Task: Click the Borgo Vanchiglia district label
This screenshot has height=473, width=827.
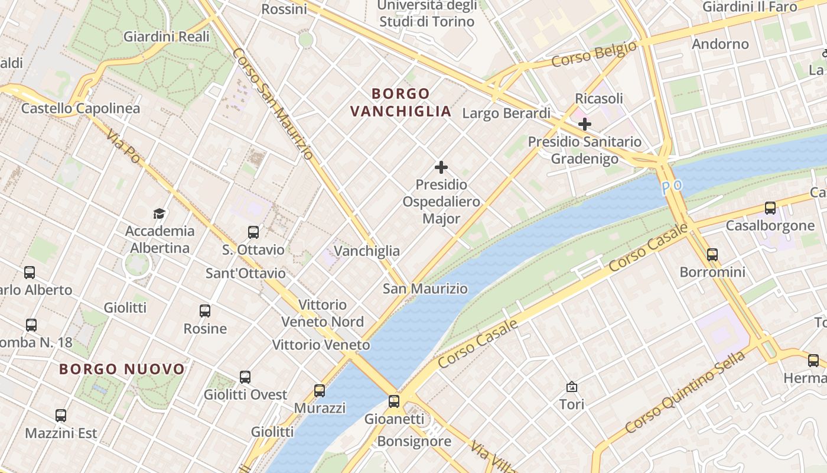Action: coord(401,102)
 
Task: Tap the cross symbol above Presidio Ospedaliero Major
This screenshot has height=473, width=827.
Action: coord(441,167)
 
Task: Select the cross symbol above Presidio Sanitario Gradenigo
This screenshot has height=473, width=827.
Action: coord(585,124)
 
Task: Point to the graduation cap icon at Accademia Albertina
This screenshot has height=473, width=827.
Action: coord(159,213)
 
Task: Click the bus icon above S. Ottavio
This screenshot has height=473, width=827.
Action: coord(253,232)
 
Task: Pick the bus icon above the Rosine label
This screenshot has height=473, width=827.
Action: coord(205,310)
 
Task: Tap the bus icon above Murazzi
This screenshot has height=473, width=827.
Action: coord(320,390)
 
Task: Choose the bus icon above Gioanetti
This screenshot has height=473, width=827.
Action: coord(394,401)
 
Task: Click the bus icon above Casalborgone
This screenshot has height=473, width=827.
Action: coord(770,208)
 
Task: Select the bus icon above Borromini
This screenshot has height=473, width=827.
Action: coord(712,255)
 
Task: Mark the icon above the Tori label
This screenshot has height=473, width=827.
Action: coord(572,387)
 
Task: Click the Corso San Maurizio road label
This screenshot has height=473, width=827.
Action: coord(272,103)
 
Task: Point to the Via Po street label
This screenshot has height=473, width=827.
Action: coord(123,147)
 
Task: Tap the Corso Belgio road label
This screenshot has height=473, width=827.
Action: coord(594,54)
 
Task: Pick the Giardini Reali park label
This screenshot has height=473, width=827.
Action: coord(167,37)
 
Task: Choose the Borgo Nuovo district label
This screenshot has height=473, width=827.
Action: coord(122,370)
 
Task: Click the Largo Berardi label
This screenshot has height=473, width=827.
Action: coord(506,113)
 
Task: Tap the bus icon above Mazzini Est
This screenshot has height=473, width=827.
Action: coord(61,416)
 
